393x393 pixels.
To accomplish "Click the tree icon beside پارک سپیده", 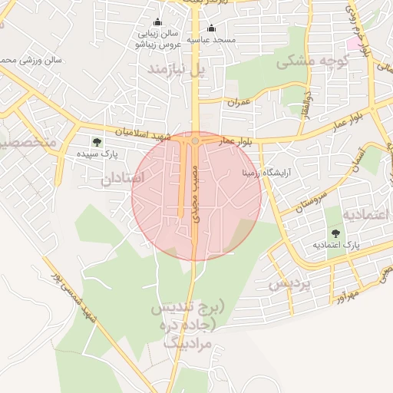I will click(97, 141).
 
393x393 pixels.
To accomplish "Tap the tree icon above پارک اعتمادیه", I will click(335, 233).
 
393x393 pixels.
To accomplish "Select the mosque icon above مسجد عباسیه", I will click(212, 28).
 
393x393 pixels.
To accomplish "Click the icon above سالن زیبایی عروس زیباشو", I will click(158, 22).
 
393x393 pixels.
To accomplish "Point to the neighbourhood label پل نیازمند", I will click(177, 71).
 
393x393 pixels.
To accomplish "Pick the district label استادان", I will click(123, 178).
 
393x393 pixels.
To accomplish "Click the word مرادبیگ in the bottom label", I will click(187, 342).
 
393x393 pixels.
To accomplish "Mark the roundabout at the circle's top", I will click(196, 141).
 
